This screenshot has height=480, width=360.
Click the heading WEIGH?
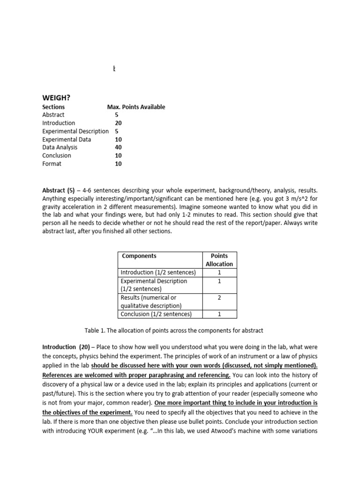click(x=56, y=97)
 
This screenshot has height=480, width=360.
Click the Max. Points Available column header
click(x=136, y=107)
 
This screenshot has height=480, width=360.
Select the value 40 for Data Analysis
click(x=118, y=147)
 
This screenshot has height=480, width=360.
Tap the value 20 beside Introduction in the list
click(x=118, y=123)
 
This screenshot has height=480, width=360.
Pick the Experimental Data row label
click(x=67, y=139)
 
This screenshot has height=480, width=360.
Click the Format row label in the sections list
click(x=52, y=164)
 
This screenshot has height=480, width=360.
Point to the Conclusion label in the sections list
click(x=57, y=155)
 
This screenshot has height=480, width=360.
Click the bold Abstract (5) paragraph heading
click(x=59, y=190)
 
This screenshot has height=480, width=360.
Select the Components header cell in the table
click(x=139, y=256)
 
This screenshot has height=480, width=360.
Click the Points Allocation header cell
click(x=219, y=260)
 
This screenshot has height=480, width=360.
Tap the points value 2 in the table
click(x=219, y=298)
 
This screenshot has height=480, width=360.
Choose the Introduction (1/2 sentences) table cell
click(x=158, y=272)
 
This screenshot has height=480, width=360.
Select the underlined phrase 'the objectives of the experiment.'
click(x=88, y=412)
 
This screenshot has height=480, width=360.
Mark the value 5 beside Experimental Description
click(x=117, y=131)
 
